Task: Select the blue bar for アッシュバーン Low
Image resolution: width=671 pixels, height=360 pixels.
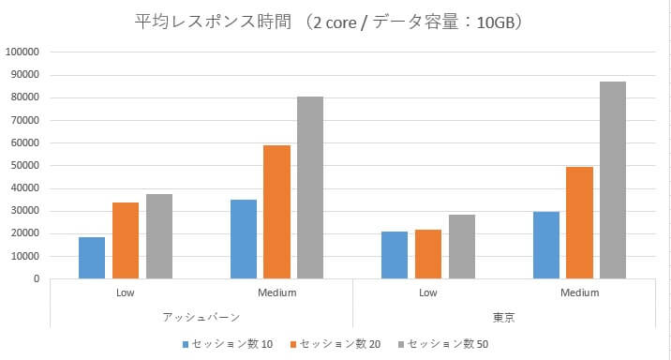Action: (x=92, y=258)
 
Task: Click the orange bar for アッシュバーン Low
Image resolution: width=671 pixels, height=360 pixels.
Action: (x=126, y=240)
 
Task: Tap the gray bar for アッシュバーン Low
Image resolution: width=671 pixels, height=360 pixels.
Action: (x=159, y=236)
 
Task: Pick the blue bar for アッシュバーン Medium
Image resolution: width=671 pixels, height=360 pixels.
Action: (x=244, y=239)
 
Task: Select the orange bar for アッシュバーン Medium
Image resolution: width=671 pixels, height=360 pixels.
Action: (x=277, y=212)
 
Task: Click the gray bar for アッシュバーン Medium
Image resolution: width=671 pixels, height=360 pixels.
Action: (x=310, y=187)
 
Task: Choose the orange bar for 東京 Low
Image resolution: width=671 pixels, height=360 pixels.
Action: (x=428, y=254)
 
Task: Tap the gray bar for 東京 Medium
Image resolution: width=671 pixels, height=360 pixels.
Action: (x=613, y=180)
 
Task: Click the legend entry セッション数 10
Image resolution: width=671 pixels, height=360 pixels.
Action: (x=229, y=344)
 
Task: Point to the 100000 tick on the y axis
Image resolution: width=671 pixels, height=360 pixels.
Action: (x=22, y=52)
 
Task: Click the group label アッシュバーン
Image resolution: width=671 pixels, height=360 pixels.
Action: (x=201, y=318)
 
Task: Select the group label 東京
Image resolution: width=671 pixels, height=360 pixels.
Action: (x=503, y=318)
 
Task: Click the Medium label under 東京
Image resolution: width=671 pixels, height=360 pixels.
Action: (x=579, y=292)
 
